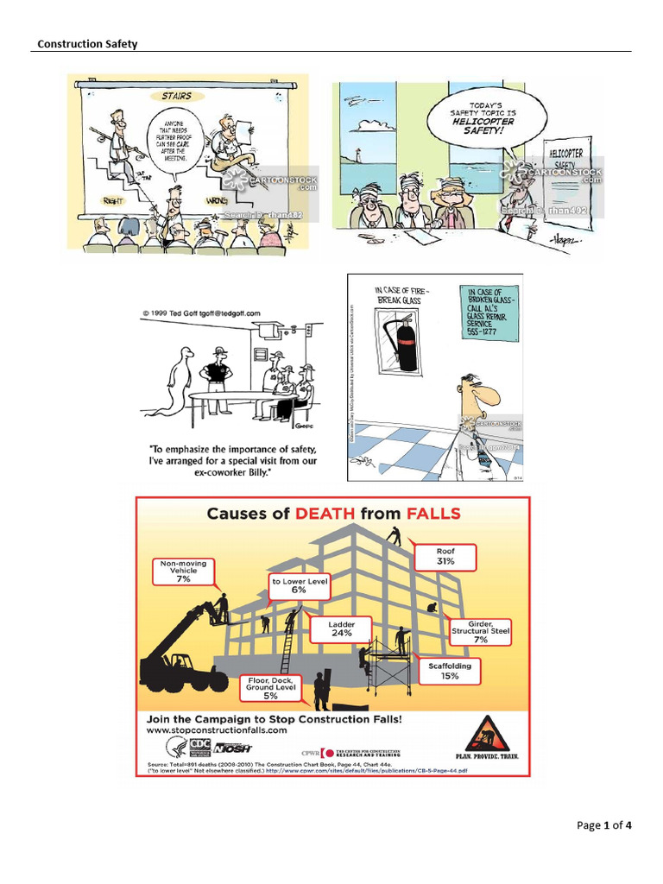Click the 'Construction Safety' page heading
tap(86, 44)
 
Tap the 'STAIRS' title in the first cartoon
tap(177, 95)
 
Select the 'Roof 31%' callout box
tap(445, 556)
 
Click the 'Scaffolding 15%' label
tap(450, 671)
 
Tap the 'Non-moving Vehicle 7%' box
tap(183, 571)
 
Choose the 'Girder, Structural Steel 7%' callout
tap(480, 631)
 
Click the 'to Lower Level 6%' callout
tap(300, 585)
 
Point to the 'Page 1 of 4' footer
tap(603, 825)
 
